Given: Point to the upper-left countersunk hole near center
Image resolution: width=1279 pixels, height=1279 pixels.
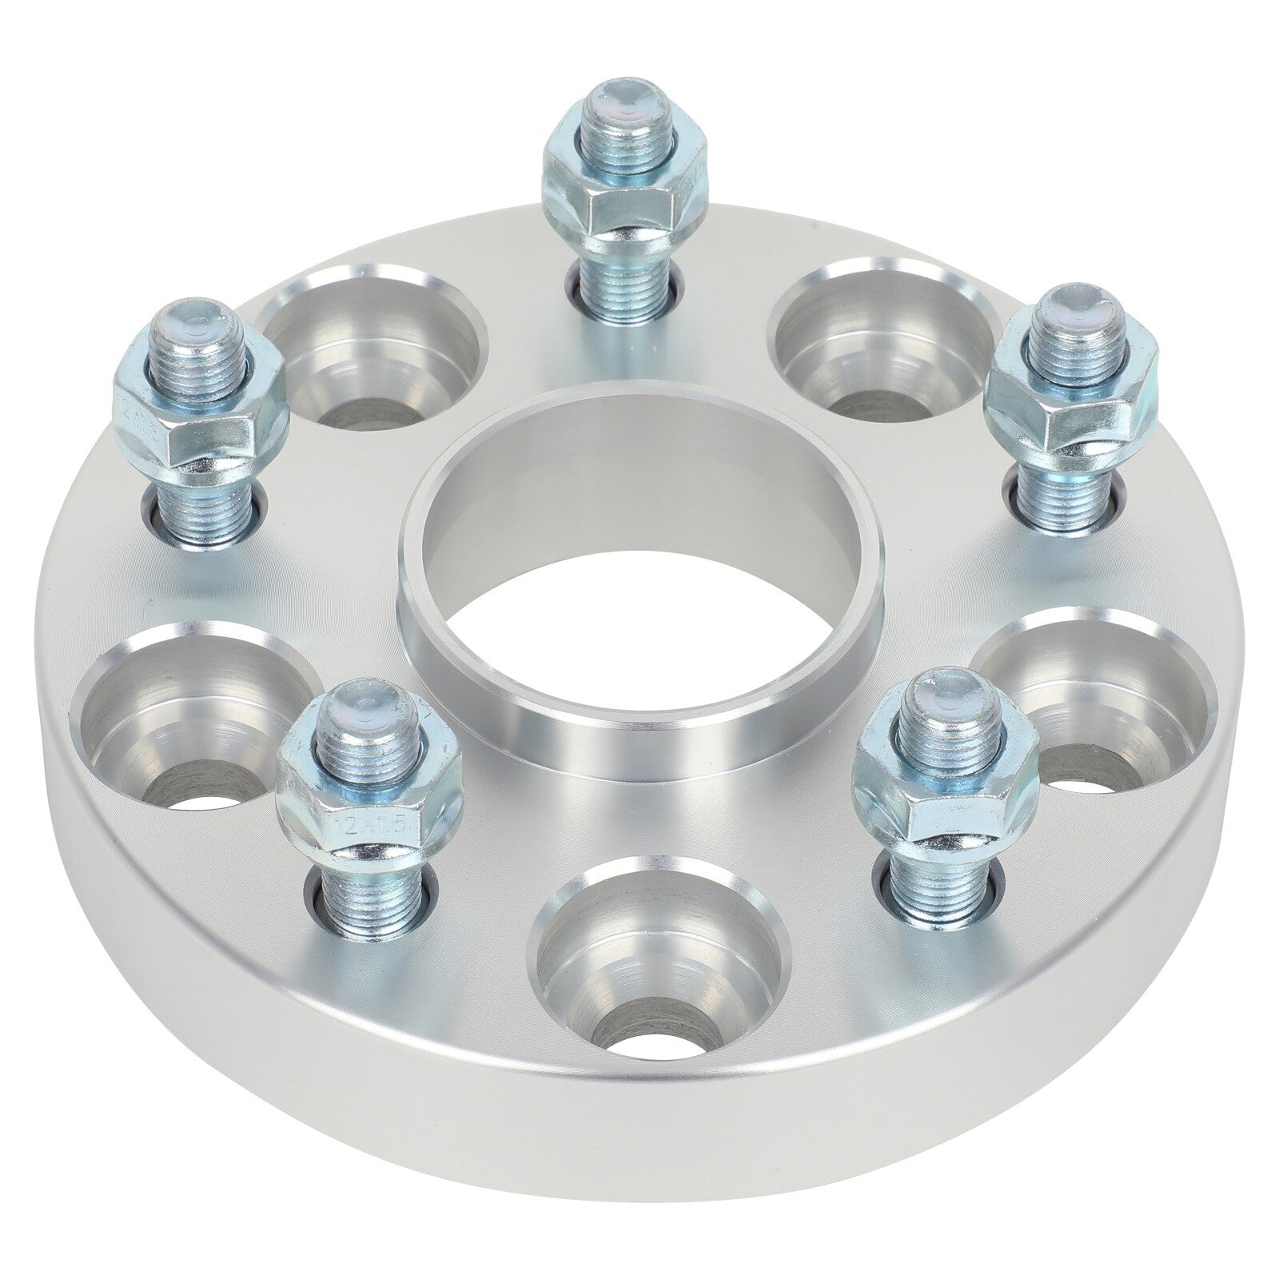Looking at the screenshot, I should click(376, 352).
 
